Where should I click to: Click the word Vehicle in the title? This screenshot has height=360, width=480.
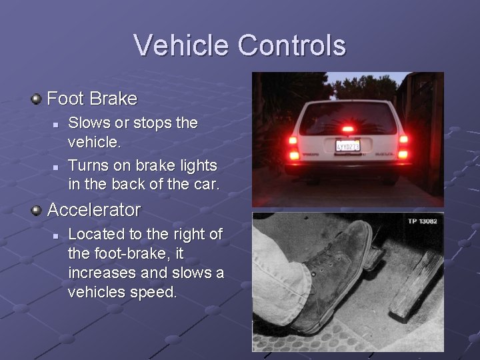coord(182,45)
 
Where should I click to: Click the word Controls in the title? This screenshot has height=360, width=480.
coord(291,45)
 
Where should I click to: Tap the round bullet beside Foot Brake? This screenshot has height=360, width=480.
coord(37,99)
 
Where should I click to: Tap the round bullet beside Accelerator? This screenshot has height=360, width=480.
coord(37,211)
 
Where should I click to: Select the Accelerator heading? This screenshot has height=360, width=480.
coord(94,210)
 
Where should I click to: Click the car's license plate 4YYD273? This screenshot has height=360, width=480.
coord(347,145)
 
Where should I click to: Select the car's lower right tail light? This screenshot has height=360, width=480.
coord(403,155)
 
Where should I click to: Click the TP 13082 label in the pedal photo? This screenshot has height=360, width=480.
coord(422,221)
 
